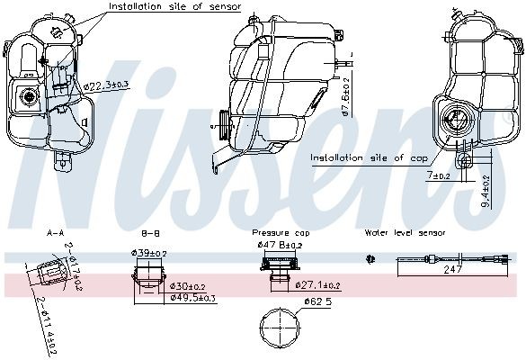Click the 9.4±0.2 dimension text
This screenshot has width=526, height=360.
click(486, 192)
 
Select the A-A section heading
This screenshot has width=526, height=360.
click(55, 232)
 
